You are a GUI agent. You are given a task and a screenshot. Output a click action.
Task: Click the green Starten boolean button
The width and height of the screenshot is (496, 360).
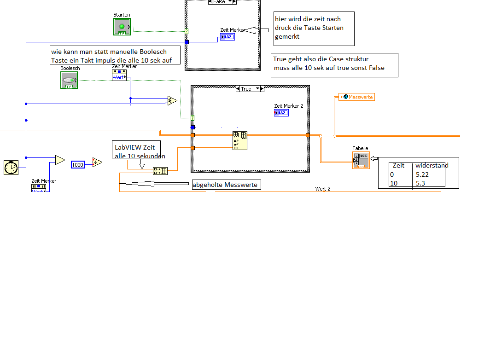click(122, 26)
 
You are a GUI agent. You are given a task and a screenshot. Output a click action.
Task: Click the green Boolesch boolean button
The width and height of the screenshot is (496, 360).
click(69, 80)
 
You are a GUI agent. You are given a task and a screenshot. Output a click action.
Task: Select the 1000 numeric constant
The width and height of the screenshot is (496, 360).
click(78, 164)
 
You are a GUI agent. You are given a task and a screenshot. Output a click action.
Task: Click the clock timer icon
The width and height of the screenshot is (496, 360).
click(11, 168)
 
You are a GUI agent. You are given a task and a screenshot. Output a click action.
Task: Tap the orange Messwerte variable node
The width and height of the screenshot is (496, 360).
click(356, 97)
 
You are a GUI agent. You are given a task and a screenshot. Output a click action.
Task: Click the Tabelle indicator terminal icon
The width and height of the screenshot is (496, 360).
click(361, 160)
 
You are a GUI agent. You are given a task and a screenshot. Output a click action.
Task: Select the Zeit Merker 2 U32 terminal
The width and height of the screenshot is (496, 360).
click(281, 113)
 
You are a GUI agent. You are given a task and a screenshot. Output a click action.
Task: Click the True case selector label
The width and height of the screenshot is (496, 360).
click(246, 89)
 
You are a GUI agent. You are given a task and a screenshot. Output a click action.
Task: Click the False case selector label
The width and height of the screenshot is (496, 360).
click(220, 2)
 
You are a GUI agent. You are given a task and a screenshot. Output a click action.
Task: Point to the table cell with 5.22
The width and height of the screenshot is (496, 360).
click(422, 175)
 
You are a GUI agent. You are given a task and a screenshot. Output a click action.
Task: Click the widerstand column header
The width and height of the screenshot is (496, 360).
click(432, 166)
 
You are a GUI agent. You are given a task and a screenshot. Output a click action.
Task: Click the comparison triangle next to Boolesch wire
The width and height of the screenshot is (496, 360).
click(172, 100)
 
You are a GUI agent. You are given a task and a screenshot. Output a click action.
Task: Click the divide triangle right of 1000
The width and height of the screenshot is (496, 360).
click(97, 162)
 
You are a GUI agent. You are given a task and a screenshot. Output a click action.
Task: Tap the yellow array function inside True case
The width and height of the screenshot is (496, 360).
click(240, 141)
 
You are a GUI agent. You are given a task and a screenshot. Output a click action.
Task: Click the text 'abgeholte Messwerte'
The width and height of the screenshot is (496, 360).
click(226, 185)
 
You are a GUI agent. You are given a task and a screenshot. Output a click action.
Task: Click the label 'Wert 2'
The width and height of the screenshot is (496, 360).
click(323, 189)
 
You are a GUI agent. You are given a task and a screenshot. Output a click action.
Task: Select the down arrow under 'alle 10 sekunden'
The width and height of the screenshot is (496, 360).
click(142, 163)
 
